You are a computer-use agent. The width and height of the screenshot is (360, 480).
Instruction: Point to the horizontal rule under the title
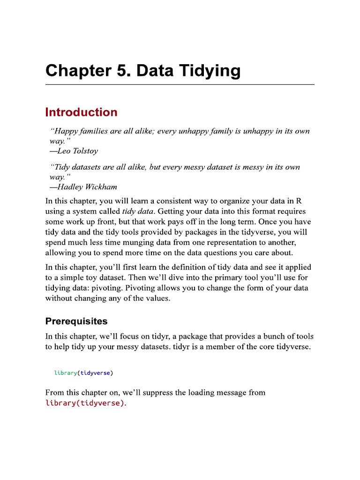pos(180,85)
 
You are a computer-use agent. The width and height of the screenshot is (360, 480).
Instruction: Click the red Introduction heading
pos(81,112)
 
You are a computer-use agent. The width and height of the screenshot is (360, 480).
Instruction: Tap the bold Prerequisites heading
pos(76,322)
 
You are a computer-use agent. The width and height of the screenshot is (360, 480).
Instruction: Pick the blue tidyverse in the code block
pos(96,373)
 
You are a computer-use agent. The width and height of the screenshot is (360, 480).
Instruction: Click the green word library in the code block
pos(66,373)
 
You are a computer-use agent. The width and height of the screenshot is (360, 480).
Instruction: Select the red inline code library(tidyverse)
pos(85,403)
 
